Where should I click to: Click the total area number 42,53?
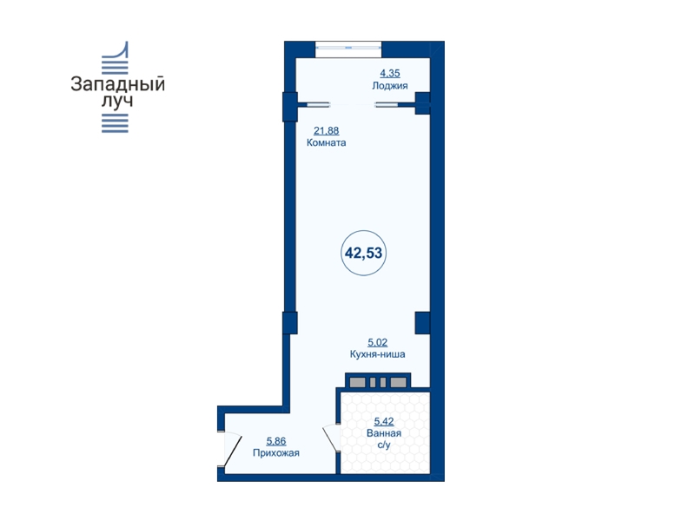[363, 253]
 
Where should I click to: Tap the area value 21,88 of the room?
[327, 131]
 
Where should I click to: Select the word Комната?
[327, 142]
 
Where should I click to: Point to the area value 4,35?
[390, 73]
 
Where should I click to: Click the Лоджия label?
[390, 85]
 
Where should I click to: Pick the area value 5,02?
[378, 342]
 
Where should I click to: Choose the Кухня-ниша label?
[378, 354]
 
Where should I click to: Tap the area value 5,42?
[384, 421]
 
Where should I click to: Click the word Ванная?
[384, 433]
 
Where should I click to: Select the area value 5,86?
[276, 441]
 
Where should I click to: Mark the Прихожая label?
[276, 452]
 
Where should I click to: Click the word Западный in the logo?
[118, 84]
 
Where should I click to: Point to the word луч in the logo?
[117, 102]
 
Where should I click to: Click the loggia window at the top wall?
[348, 49]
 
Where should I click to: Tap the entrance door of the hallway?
[231, 449]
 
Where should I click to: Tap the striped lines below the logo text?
[116, 123]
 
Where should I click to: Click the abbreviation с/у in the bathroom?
[384, 445]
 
